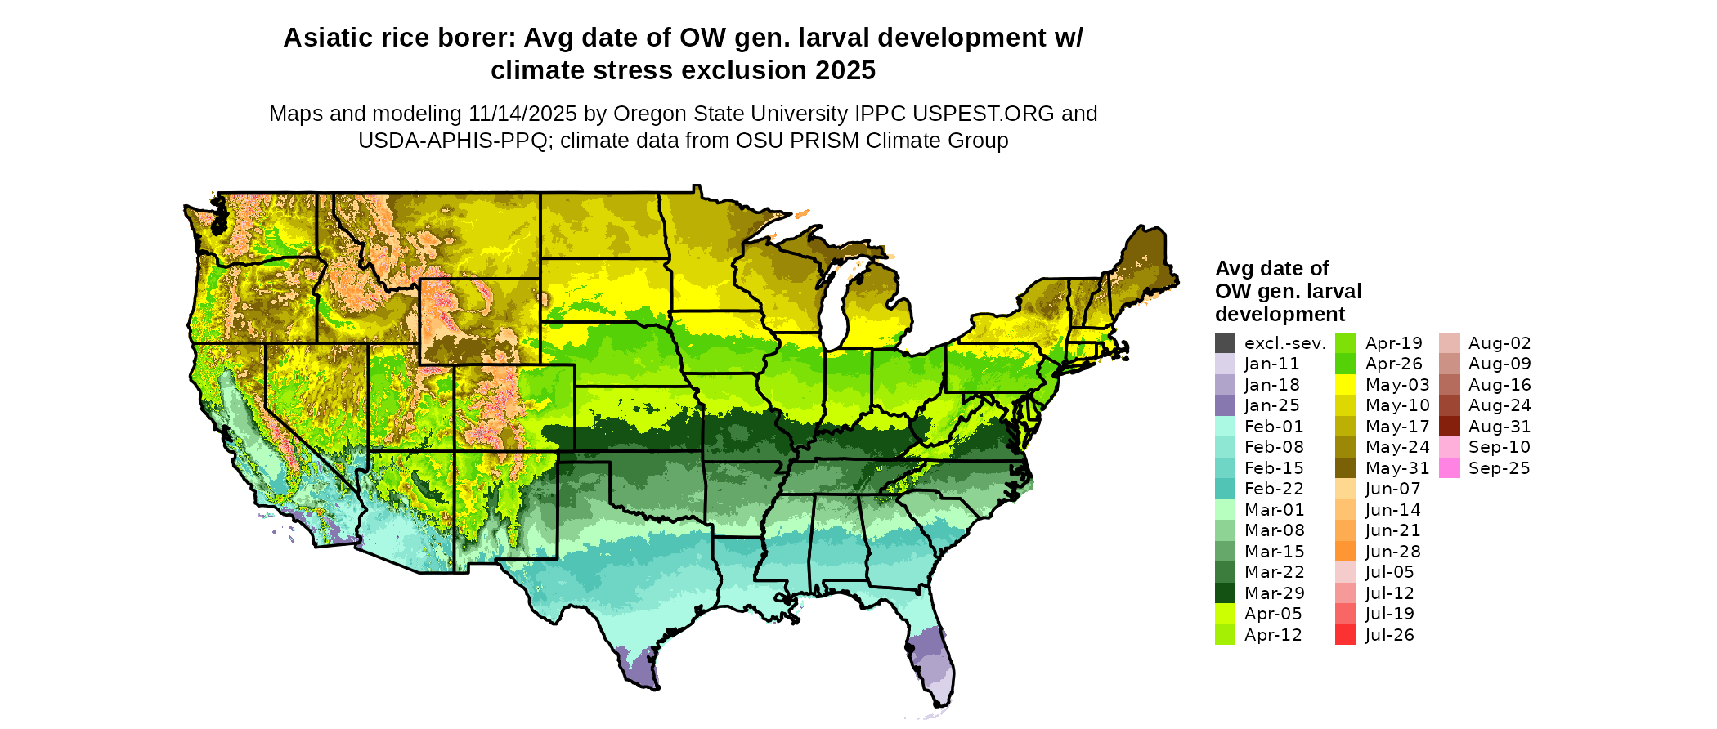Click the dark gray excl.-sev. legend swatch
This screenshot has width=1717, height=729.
click(1225, 343)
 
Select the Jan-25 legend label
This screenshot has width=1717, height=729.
click(1271, 406)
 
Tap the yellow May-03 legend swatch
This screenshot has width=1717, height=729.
click(1345, 385)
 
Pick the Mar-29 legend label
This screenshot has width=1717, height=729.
click(1274, 593)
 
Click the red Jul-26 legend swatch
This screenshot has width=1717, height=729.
click(1345, 635)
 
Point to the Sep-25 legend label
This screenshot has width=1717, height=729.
click(1499, 468)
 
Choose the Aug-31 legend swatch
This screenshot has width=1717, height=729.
click(1449, 427)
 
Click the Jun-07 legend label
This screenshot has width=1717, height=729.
click(1392, 490)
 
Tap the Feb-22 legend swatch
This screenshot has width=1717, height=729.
click(1225, 489)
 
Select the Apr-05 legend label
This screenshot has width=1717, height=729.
click(1273, 615)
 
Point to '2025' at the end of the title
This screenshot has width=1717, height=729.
click(845, 71)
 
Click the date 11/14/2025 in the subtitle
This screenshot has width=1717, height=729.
click(522, 114)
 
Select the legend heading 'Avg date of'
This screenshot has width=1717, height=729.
click(1271, 269)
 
